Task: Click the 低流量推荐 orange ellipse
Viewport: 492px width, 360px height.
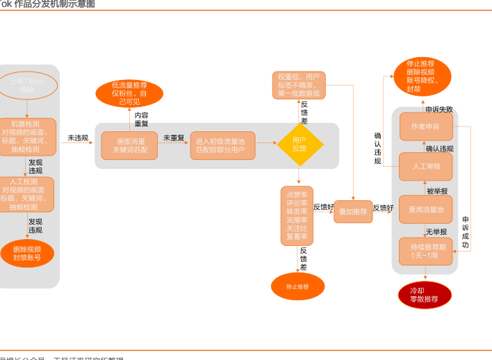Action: coord(129,93)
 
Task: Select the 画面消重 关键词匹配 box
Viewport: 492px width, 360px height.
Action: coord(130,145)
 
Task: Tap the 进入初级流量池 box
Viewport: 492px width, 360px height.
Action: coord(222,145)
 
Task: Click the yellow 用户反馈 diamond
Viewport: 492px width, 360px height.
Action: coord(300,144)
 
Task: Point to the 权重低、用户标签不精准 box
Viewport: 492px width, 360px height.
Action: coord(298,84)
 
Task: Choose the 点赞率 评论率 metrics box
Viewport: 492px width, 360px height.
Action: coord(298,215)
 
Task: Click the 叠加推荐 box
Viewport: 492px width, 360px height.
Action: coord(354,211)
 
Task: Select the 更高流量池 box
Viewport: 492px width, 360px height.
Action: coord(425,209)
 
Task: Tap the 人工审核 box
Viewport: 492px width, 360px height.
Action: coord(425,167)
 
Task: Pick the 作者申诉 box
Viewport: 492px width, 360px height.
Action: coord(425,126)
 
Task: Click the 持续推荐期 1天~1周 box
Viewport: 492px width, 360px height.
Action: coord(425,251)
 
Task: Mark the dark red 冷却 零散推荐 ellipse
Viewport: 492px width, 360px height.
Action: coord(425,295)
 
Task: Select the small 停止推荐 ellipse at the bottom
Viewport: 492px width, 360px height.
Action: coord(297,286)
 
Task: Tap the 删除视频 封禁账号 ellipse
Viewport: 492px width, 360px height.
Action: coord(27,253)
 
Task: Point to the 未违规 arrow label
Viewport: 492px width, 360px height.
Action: coord(77,138)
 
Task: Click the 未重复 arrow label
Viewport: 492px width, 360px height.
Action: coord(173,138)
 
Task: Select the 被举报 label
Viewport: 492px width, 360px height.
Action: coord(437,190)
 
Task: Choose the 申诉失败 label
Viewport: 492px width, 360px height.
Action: coord(439,109)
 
